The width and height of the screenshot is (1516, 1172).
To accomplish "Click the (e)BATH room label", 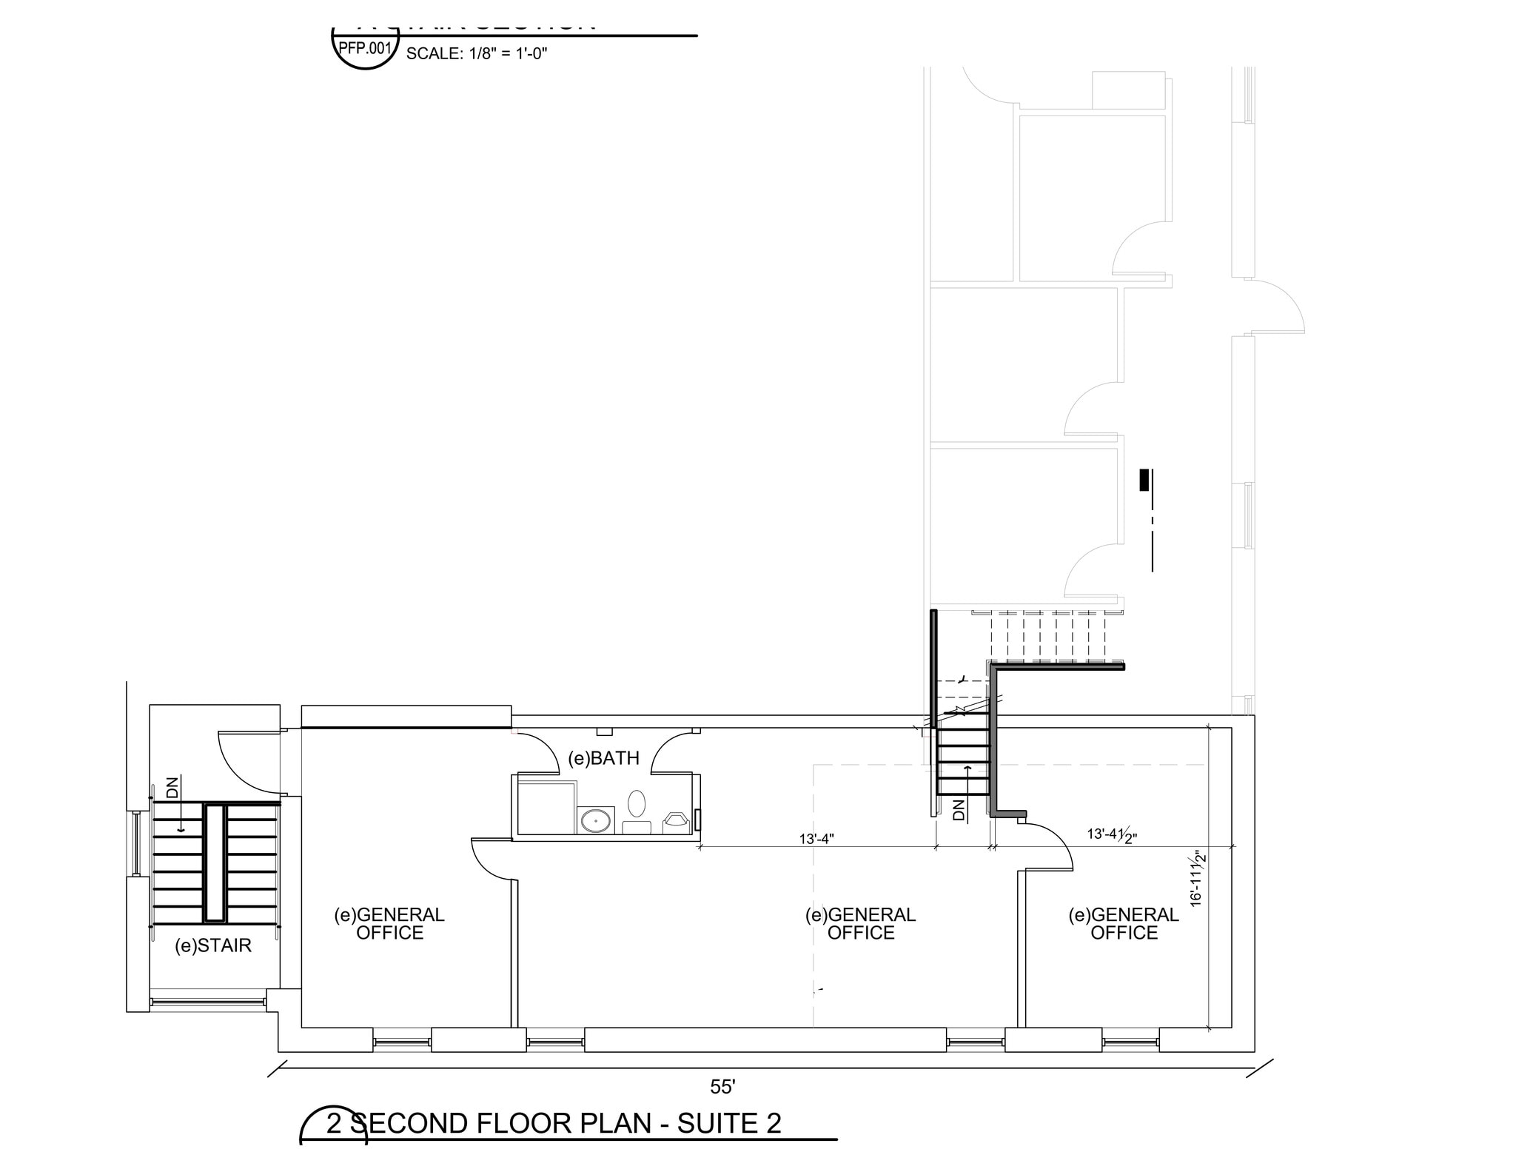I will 603,758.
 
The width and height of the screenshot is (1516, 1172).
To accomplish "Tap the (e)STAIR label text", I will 213,945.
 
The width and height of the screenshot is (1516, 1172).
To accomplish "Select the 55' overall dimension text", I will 722,1087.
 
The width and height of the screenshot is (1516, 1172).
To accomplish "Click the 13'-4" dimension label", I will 816,839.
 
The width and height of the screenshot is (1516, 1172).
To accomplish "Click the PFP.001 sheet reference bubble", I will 364,49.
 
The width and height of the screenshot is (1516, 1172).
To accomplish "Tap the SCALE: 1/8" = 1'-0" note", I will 476,53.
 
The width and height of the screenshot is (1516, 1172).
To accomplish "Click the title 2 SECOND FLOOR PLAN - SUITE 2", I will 554,1123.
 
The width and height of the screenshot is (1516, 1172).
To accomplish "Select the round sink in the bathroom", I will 595,820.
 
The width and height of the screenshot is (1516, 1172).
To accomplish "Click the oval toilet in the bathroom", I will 637,803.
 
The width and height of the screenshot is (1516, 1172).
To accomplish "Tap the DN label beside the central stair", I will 959,810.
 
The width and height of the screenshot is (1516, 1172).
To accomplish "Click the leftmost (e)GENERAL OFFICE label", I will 389,924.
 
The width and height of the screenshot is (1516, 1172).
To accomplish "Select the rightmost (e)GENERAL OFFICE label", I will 1123,924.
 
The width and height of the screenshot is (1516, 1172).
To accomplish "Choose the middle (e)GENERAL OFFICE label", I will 860,924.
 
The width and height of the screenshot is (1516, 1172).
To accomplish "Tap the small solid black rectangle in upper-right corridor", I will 1144,480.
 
